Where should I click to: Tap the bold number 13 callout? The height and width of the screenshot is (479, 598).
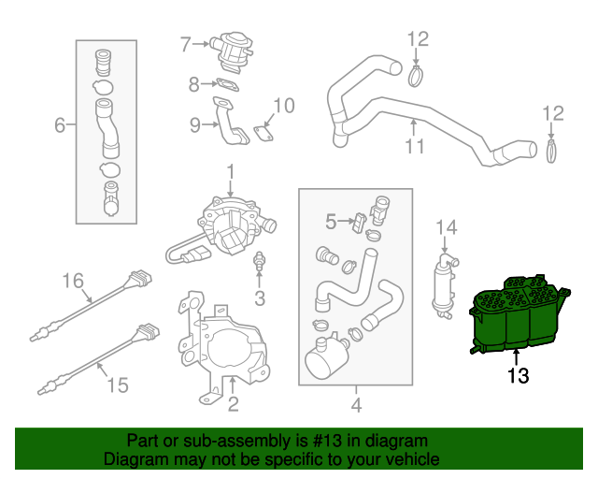coord(519,376)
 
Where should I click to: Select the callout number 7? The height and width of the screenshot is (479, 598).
coord(185,43)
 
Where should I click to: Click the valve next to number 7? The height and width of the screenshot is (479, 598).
coord(228,48)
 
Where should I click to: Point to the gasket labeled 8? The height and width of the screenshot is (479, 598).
coord(222,84)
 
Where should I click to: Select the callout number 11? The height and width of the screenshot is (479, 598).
coord(415,146)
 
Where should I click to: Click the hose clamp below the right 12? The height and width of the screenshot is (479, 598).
coord(552,149)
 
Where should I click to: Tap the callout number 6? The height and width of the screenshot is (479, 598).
coord(59,124)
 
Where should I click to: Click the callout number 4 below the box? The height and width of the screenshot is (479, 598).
coord(356,405)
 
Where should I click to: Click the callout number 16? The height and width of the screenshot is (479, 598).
coord(73,279)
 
